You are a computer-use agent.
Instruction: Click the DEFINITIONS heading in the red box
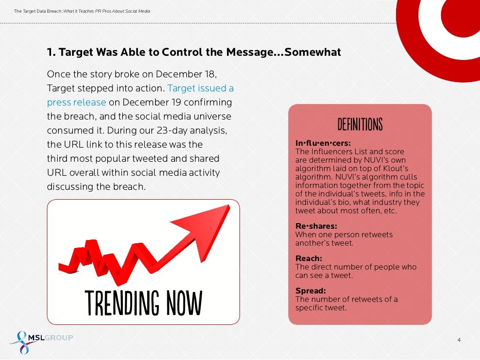tap(360, 125)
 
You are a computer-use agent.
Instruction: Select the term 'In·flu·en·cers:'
tap(323, 143)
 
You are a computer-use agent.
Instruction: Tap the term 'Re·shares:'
tap(316, 226)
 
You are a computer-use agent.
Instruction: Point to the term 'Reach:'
tap(308, 258)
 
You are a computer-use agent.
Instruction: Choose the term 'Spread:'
tap(310, 291)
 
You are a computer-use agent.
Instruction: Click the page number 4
tap(459, 340)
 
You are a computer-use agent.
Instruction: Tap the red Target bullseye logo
tap(441, 19)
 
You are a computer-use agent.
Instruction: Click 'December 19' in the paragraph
tap(150, 102)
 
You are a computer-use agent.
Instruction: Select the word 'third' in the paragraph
tap(58, 158)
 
